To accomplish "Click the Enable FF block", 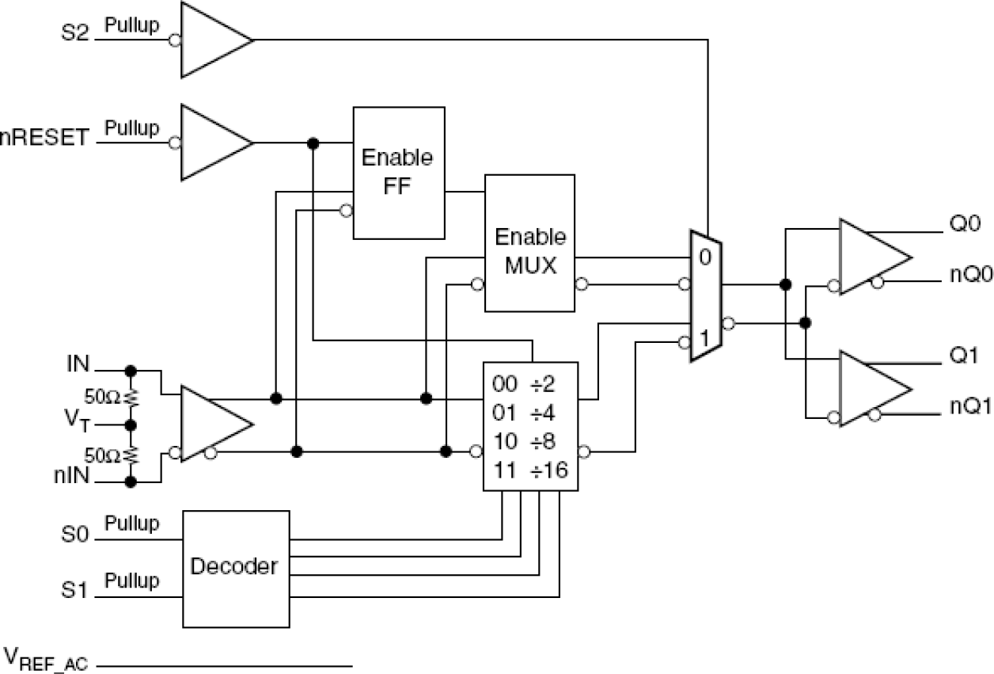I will tap(397, 173).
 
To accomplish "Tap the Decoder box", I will tap(235, 566).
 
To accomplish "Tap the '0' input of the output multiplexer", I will tap(704, 257).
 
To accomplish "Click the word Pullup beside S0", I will tap(132, 524).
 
